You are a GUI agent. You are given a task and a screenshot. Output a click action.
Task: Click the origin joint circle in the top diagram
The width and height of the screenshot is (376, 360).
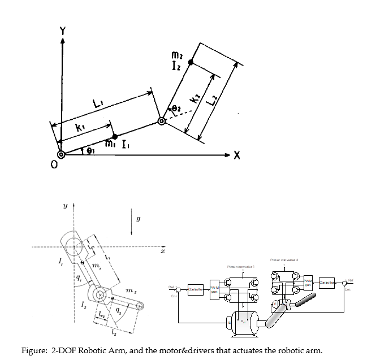(x=61, y=154)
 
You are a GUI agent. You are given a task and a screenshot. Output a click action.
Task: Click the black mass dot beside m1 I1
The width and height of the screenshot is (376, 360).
(x=115, y=136)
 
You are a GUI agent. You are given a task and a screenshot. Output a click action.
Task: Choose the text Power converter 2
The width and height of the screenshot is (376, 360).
(x=283, y=259)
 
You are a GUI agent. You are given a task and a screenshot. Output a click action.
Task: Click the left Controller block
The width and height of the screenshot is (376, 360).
(x=196, y=289)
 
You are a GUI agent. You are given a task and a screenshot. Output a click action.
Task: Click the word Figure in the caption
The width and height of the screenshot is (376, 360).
(x=35, y=349)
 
